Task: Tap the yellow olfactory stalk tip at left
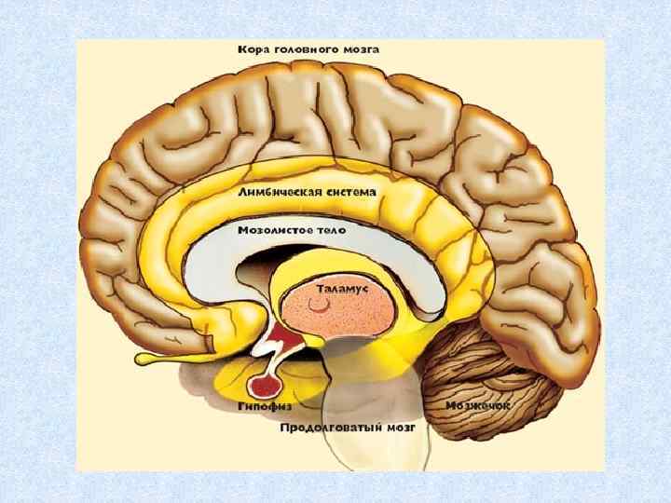point(144,358)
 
